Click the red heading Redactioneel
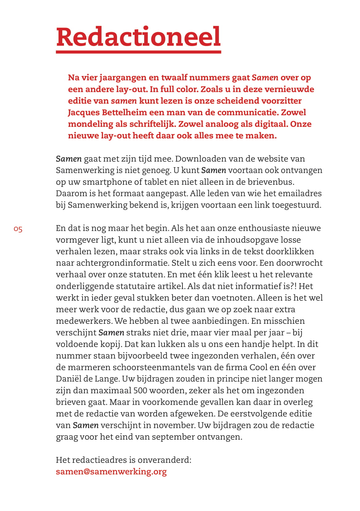point(138,37)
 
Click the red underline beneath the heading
point(138,52)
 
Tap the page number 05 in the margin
point(18,229)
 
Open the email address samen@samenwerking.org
point(111,472)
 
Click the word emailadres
point(300,193)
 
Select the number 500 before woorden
point(140,391)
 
